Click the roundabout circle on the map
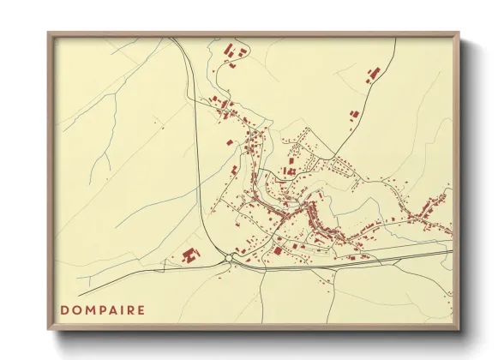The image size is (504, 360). (230, 257)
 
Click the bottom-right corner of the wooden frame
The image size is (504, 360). (458, 329)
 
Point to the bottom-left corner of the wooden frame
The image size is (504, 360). (49, 329)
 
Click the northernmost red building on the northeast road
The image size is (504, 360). (375, 73)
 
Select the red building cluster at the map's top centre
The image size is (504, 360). (231, 56)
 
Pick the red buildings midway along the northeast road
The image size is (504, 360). (352, 114)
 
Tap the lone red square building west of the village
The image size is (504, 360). (229, 141)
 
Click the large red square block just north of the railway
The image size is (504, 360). (278, 250)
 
